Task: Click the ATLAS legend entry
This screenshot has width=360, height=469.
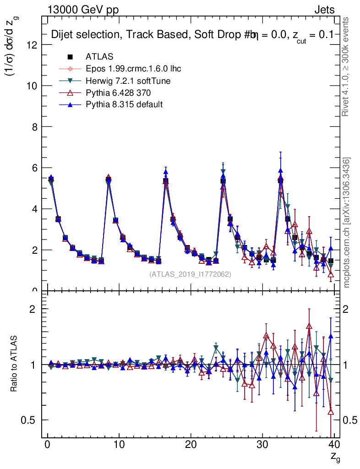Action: (99, 57)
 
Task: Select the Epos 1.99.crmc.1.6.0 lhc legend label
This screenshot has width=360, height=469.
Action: (133, 69)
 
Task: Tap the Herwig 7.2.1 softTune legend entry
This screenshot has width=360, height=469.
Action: (128, 81)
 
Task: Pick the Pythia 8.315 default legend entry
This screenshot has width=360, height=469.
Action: (124, 104)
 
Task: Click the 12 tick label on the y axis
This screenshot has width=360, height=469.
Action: (32, 45)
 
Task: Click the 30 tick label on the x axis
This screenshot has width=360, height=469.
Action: (262, 445)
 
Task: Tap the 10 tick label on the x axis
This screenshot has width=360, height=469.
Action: (119, 445)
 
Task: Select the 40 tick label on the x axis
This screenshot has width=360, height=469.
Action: (334, 445)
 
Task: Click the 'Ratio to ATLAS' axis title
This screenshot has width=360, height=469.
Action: (15, 364)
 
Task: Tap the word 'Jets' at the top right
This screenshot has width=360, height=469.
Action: (324, 10)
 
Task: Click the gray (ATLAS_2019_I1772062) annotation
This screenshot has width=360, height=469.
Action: (190, 274)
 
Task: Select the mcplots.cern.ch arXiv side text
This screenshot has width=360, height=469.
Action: (347, 223)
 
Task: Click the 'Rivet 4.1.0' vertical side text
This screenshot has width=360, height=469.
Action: (347, 67)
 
